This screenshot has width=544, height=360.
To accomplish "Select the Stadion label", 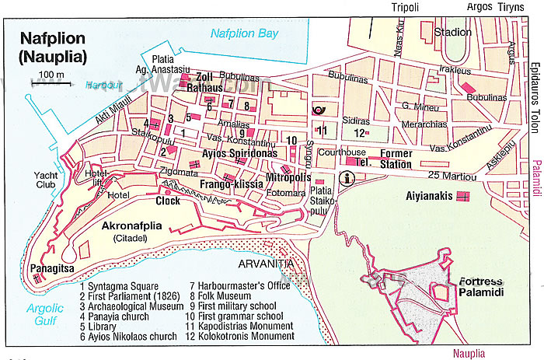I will point(453,32).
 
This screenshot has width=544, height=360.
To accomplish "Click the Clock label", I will point(167,201).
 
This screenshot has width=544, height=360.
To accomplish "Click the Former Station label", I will point(397,159).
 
